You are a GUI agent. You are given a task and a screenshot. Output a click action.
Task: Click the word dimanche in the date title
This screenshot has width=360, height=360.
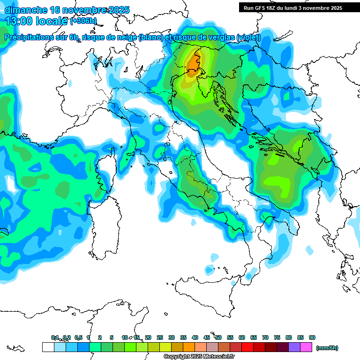pos(26,10)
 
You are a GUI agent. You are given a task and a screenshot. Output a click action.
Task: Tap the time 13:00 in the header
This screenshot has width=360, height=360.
pos(19,21)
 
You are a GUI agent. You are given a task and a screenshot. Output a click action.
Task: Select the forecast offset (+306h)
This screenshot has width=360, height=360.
pos(83,21)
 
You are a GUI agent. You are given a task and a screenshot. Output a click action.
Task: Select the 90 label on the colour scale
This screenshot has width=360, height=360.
pos(312,337)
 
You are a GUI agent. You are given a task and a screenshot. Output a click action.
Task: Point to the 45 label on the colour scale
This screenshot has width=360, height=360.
pos(207,337)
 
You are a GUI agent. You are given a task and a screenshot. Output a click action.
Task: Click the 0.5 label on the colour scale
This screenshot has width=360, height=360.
pos(78,337)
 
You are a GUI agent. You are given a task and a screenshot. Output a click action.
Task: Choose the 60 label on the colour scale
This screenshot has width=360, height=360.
pos(242,337)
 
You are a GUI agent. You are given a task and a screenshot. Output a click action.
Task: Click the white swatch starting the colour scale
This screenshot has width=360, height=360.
pos(48,347)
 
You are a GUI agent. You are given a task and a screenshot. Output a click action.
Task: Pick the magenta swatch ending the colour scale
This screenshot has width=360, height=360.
pos(306,347)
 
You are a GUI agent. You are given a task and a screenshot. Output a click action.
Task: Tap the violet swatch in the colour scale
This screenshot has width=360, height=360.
pos(294,347)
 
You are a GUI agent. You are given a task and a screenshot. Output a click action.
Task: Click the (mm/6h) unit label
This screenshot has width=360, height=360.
pos(327,348)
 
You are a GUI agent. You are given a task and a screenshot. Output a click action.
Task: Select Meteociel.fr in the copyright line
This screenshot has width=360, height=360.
pos(220,357)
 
